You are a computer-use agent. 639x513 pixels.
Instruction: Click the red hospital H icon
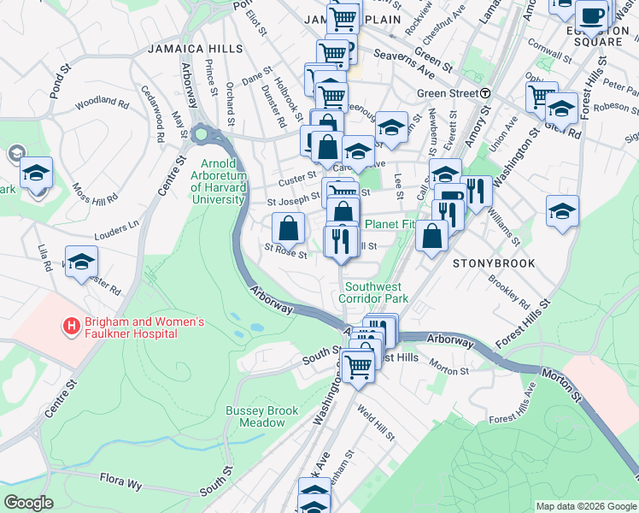point(72,326)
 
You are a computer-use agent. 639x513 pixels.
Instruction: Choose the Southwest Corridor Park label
point(373,292)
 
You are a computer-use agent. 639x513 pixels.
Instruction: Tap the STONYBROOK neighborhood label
point(494,263)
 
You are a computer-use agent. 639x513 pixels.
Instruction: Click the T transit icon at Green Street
point(485,93)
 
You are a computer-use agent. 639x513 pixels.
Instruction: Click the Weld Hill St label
point(375,424)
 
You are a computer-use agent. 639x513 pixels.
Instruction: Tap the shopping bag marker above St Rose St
point(289,227)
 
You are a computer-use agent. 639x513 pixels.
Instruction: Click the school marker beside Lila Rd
point(81,262)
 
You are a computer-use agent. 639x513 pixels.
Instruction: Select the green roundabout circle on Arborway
point(202,134)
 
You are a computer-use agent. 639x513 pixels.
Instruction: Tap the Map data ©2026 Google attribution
point(584,506)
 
